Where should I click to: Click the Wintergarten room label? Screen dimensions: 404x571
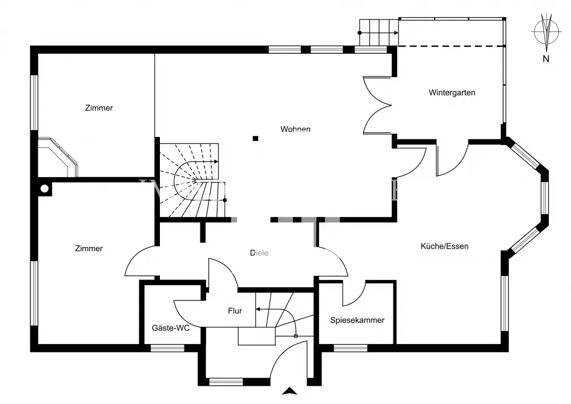(452, 93)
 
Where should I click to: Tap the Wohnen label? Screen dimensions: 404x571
(295, 129)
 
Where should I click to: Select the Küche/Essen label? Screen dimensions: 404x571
(444, 246)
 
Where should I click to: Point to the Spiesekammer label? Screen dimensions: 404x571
(357, 320)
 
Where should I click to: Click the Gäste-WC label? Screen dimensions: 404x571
(171, 328)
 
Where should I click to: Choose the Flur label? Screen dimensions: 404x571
(235, 311)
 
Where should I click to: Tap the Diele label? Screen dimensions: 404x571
(259, 253)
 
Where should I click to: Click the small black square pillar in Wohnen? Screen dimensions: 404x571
(256, 138)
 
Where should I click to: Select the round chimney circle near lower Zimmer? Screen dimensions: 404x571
(44, 189)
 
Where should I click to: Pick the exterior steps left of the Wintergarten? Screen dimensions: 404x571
(377, 32)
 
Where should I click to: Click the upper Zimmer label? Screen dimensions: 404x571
(99, 108)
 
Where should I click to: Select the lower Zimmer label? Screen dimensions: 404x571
(89, 249)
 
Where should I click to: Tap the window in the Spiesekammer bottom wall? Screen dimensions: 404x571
(351, 347)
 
